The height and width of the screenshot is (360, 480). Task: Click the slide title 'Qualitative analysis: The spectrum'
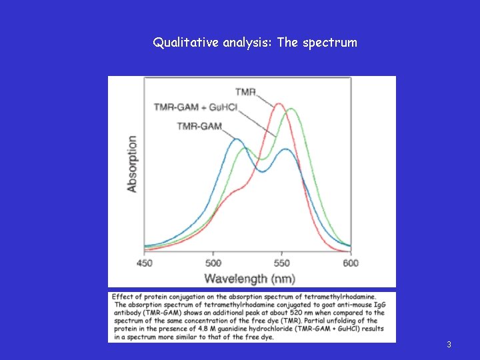coord(255,43)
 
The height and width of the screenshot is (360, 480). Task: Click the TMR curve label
coord(246,91)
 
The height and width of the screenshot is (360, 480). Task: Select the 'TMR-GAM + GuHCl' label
coord(195,107)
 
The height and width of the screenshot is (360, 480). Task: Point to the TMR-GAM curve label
coord(200,126)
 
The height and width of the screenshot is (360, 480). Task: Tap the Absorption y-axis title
coord(132,164)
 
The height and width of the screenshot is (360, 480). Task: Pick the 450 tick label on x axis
coord(145,263)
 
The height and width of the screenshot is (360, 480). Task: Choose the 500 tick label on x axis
coord(213,263)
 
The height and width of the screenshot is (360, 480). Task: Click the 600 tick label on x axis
coord(350,263)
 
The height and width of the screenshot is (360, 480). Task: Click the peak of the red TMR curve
coord(279,104)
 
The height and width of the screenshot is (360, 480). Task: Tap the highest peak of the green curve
coord(291,109)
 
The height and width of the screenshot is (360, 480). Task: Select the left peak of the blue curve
coord(235,139)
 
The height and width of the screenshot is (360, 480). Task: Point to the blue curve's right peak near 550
coord(285,149)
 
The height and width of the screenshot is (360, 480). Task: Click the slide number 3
coord(449,345)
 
